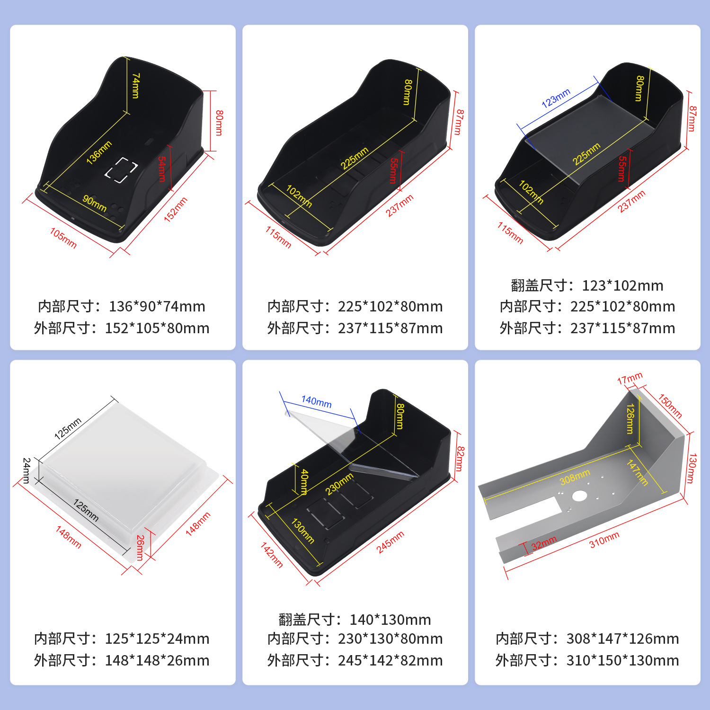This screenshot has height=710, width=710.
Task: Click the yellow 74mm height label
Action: tap(136, 86)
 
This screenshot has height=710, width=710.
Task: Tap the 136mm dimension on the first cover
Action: tap(99, 152)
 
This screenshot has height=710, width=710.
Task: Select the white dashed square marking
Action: tap(121, 170)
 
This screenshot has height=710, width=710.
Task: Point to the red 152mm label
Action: tap(176, 209)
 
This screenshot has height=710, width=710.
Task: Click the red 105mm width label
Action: tap(63, 238)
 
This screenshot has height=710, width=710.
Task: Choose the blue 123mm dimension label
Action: tap(556, 98)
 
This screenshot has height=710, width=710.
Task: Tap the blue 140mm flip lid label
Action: tap(316, 402)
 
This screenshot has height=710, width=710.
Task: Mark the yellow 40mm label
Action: tap(304, 481)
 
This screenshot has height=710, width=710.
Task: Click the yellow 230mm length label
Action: tap(339, 484)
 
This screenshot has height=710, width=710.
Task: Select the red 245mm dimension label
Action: tap(390, 542)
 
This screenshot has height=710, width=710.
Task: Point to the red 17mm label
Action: tap(630, 379)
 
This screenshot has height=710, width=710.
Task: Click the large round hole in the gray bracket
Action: tap(579, 496)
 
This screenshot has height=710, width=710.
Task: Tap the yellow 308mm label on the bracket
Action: tap(575, 477)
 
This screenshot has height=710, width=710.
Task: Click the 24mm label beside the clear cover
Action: tap(27, 470)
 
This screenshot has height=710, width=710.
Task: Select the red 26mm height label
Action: tap(140, 548)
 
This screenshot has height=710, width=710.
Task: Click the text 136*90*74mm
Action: tap(157, 306)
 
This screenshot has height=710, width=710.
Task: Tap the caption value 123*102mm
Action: tap(622, 285)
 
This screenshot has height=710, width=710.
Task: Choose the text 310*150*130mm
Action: tap(622, 660)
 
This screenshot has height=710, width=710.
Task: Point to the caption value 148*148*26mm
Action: tap(157, 660)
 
